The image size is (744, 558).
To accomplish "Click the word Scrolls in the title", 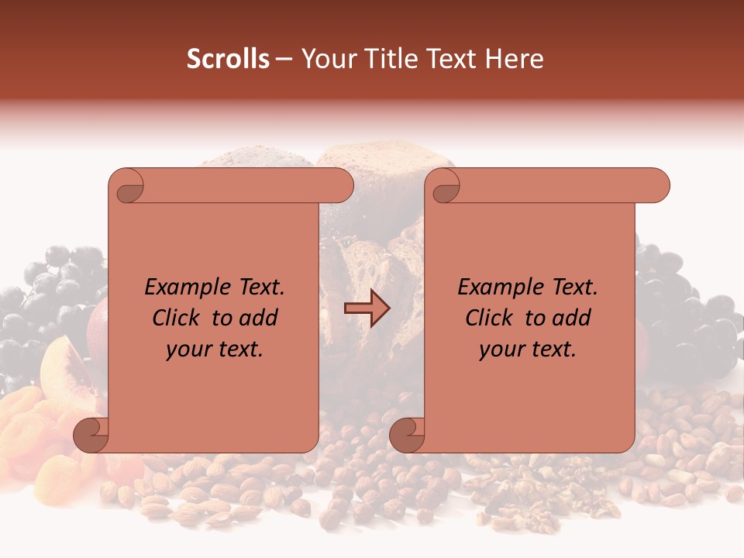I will tap(229, 59).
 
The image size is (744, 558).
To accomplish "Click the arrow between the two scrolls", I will tap(367, 308).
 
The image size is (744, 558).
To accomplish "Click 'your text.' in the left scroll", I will tap(215, 350).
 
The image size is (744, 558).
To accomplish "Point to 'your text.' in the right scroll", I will tap(528, 350).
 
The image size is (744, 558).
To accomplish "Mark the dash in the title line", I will tap(284, 60).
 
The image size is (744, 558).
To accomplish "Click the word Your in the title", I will tap(325, 59).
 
